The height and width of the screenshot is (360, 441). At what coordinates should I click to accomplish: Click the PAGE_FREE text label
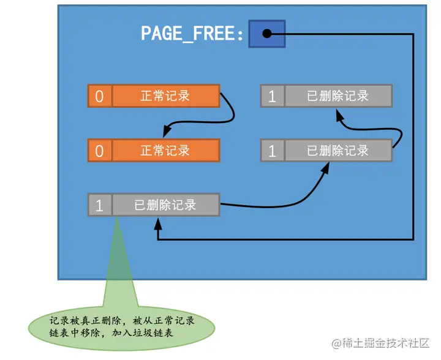pos(192,32)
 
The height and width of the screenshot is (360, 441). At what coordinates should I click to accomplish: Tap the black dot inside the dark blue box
pos(266,34)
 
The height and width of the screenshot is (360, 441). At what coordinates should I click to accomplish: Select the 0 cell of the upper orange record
pos(99,97)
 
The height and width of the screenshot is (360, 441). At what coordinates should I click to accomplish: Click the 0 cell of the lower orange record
pos(99,151)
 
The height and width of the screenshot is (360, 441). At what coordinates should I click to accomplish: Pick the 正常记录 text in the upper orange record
pos(165,96)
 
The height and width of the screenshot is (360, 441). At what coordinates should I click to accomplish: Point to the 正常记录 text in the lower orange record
pos(165,151)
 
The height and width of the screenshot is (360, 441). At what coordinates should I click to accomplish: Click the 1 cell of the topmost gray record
pos(272,97)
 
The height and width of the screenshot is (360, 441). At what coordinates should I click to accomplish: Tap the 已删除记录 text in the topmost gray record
pos(337,96)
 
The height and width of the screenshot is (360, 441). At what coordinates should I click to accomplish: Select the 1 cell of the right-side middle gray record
pos(272,151)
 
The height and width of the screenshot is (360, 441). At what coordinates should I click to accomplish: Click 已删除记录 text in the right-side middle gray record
pos(337,150)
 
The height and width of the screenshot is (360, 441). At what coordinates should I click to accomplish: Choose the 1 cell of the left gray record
pos(99,205)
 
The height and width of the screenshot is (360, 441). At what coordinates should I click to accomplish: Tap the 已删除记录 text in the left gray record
pos(165,205)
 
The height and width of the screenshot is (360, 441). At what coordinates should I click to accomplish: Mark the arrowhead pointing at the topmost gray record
pos(339,114)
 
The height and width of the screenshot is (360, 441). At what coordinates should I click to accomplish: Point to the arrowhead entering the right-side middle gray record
pos(325,167)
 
